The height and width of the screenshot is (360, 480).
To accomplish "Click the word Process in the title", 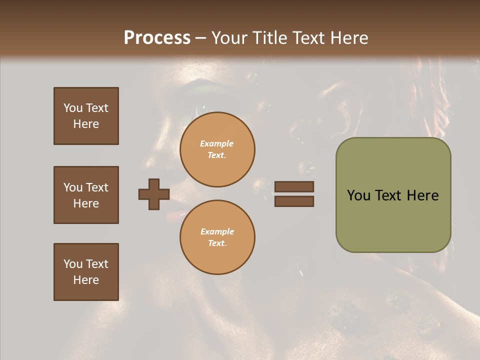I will (x=157, y=38).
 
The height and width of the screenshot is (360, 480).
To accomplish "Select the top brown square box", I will (x=86, y=116).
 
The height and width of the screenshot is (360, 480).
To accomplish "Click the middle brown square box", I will (x=86, y=195).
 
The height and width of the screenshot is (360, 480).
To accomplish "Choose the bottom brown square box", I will (x=86, y=272).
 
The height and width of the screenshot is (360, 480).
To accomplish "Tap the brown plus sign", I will (x=154, y=194).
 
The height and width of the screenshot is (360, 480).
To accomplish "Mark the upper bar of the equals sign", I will (x=294, y=186).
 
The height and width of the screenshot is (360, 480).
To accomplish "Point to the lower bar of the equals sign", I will (x=294, y=201).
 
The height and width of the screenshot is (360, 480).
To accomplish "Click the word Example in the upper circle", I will (x=216, y=143).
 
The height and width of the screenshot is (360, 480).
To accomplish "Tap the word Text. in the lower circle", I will (x=217, y=243).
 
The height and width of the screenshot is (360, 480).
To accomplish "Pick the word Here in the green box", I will (x=422, y=195).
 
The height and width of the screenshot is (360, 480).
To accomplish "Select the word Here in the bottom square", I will (x=86, y=280).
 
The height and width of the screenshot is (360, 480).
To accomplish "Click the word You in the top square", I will (x=73, y=108).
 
